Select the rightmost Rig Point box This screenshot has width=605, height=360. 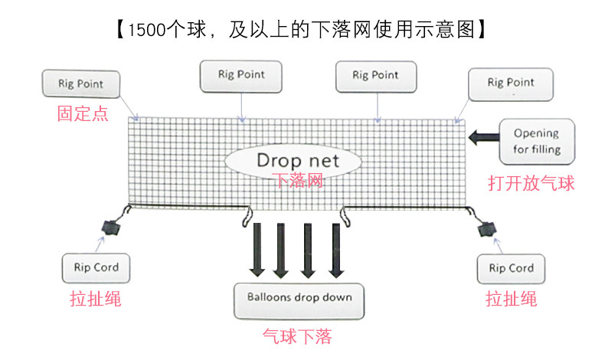(x=511, y=83)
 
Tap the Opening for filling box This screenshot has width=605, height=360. (x=536, y=142)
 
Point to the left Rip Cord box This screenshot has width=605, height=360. (x=96, y=268)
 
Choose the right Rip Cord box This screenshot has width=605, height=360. (x=511, y=269)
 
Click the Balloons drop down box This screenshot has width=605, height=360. (x=299, y=297)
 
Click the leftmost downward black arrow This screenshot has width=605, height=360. (x=257, y=250)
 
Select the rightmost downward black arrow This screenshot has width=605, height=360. (x=335, y=250)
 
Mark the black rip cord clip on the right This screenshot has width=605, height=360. (x=485, y=227)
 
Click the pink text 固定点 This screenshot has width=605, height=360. (x=82, y=115)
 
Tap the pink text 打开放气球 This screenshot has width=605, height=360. (x=531, y=183)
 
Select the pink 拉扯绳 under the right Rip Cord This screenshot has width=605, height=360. (x=511, y=299)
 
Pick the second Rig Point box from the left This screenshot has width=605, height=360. (x=241, y=76)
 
